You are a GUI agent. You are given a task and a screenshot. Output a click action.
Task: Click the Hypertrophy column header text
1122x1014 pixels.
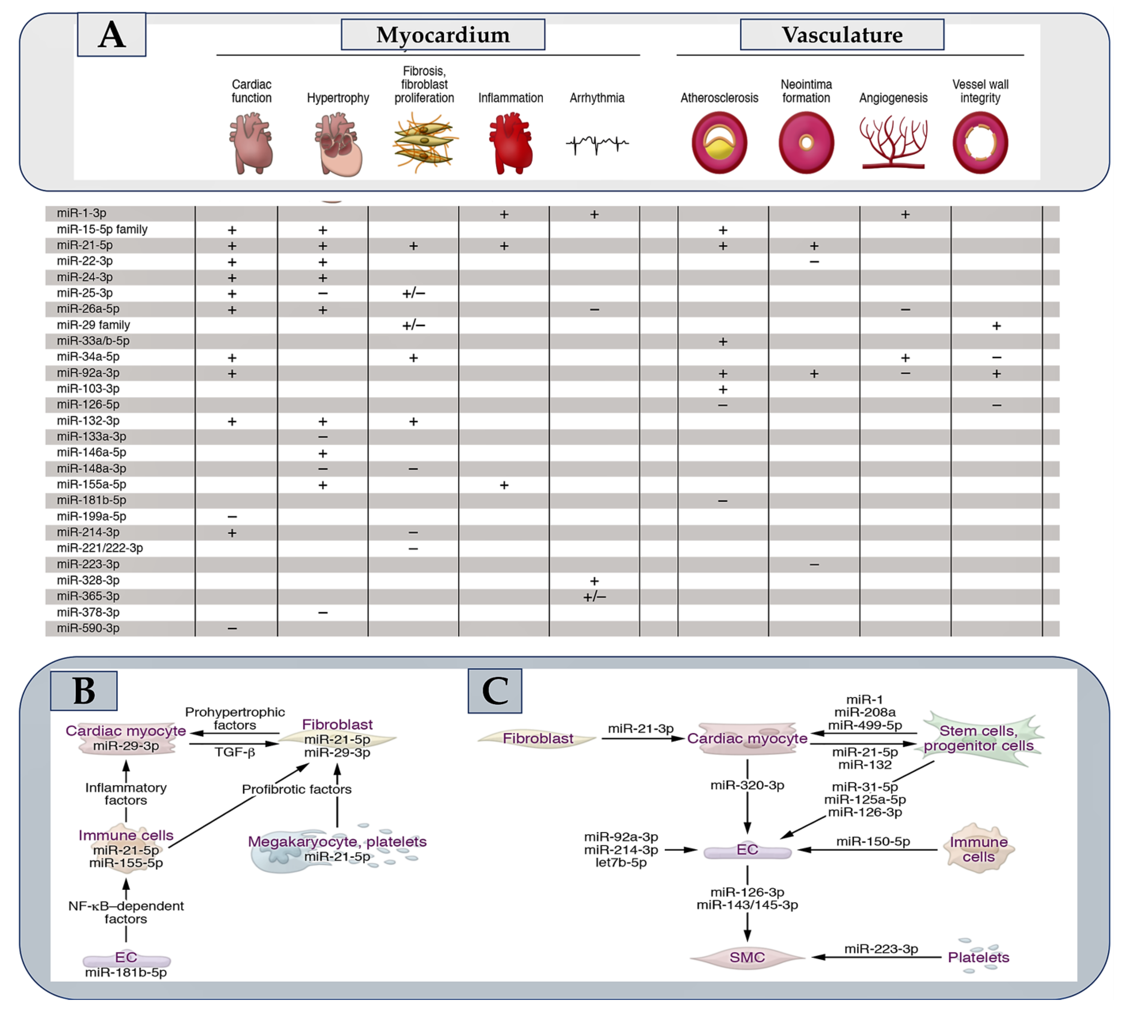[x=338, y=98]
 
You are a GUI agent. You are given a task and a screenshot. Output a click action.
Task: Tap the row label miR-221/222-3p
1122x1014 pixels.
[x=100, y=548]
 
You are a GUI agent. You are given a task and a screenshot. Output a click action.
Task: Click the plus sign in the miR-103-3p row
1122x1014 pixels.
[x=722, y=389]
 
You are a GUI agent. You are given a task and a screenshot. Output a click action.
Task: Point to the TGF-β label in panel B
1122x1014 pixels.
[x=235, y=752]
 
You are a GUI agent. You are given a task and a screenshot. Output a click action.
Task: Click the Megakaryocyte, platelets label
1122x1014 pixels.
[x=337, y=841]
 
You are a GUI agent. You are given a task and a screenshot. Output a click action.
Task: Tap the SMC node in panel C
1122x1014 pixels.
[x=747, y=957]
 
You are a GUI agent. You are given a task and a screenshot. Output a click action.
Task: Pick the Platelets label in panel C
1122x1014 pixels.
[x=979, y=957]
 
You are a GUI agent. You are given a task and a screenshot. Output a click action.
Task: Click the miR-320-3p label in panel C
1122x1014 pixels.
[x=747, y=785]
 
